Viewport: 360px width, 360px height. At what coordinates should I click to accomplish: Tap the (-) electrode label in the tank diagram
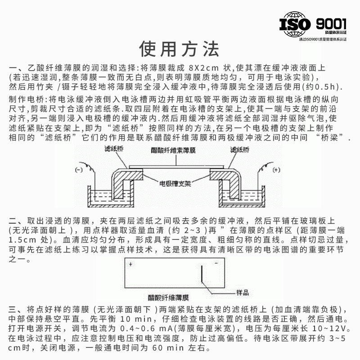79,170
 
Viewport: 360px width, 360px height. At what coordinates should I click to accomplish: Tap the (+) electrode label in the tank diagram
276,170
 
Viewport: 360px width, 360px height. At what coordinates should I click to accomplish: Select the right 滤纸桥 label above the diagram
240,149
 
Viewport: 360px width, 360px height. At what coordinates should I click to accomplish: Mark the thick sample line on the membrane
202,274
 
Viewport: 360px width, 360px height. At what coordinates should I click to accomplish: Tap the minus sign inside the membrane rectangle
216,264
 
